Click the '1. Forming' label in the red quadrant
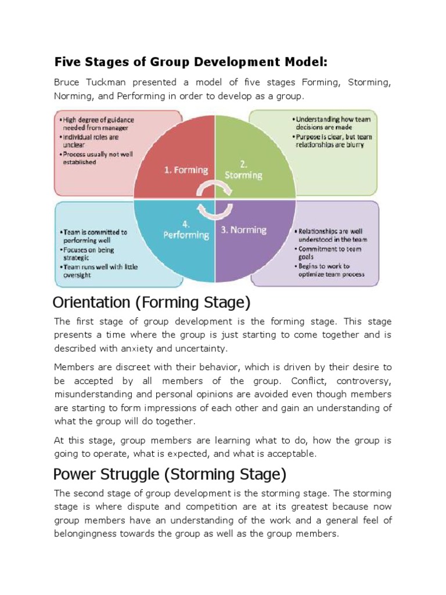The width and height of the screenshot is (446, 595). (x=185, y=170)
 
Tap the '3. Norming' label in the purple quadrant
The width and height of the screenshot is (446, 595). (x=243, y=230)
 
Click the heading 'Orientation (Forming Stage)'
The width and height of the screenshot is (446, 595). (x=151, y=303)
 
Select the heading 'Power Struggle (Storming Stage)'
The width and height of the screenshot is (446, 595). (x=170, y=475)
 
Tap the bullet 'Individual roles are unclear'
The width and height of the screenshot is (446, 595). (x=89, y=141)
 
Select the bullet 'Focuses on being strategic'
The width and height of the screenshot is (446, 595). (x=88, y=254)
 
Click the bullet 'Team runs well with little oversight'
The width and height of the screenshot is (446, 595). (x=99, y=271)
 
